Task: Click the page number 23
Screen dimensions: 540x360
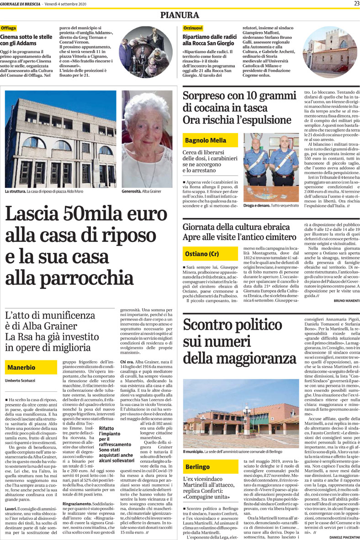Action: coord(355,4)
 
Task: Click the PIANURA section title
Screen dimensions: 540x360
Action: coord(180,15)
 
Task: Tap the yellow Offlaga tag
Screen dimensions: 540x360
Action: coord(9,28)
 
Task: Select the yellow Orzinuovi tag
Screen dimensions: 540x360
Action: coord(192,28)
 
